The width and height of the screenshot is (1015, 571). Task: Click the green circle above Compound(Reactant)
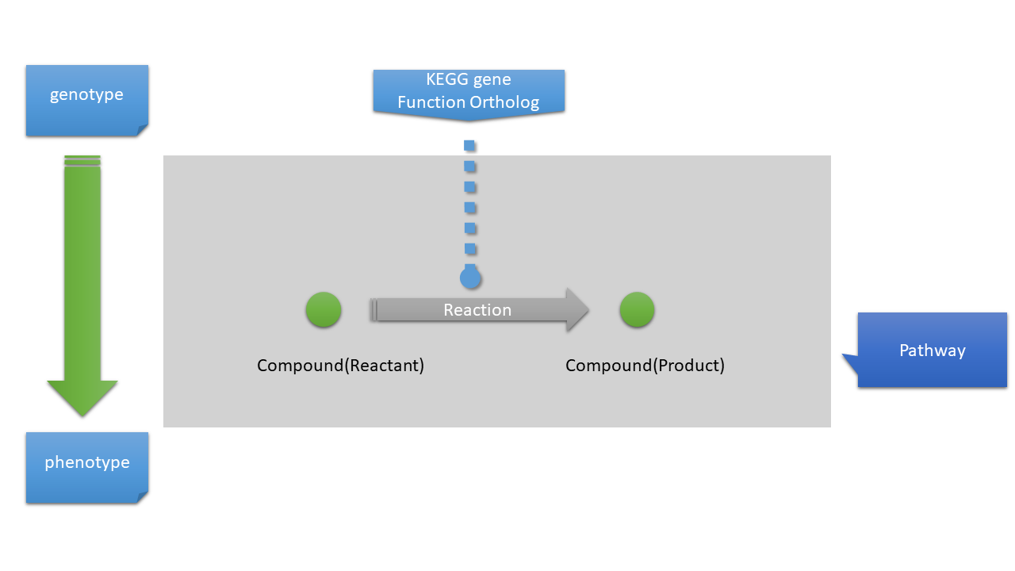(x=324, y=310)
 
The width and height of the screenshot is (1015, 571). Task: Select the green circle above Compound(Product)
(x=637, y=310)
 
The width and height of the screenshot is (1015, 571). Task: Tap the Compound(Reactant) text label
(x=340, y=366)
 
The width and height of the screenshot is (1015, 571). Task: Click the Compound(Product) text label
(x=645, y=366)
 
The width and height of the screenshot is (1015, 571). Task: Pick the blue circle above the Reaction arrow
(x=470, y=278)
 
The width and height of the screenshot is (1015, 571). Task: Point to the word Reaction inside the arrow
(x=477, y=310)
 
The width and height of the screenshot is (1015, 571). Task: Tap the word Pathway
(x=933, y=351)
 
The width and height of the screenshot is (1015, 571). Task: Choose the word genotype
(x=86, y=94)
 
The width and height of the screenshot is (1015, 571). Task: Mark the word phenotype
(x=86, y=462)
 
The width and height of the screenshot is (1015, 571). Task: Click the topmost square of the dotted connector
(x=469, y=145)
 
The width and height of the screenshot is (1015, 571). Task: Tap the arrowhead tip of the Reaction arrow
(x=587, y=310)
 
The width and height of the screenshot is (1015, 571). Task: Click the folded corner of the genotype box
(x=142, y=130)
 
